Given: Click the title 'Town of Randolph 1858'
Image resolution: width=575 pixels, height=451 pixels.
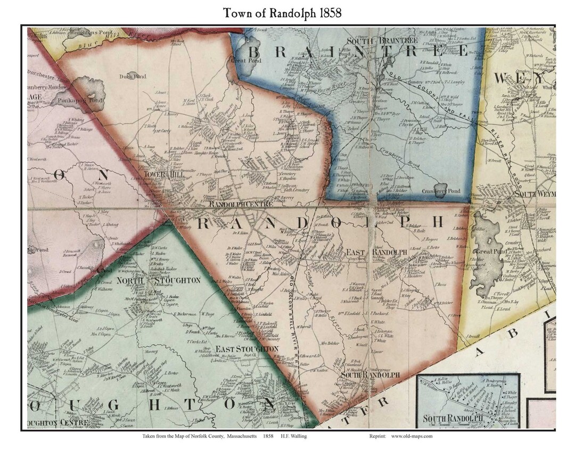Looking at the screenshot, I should (282, 13).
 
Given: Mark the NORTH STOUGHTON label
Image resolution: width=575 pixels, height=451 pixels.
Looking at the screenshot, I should (158, 280).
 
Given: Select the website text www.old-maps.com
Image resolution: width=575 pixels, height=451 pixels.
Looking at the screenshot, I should (412, 436).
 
